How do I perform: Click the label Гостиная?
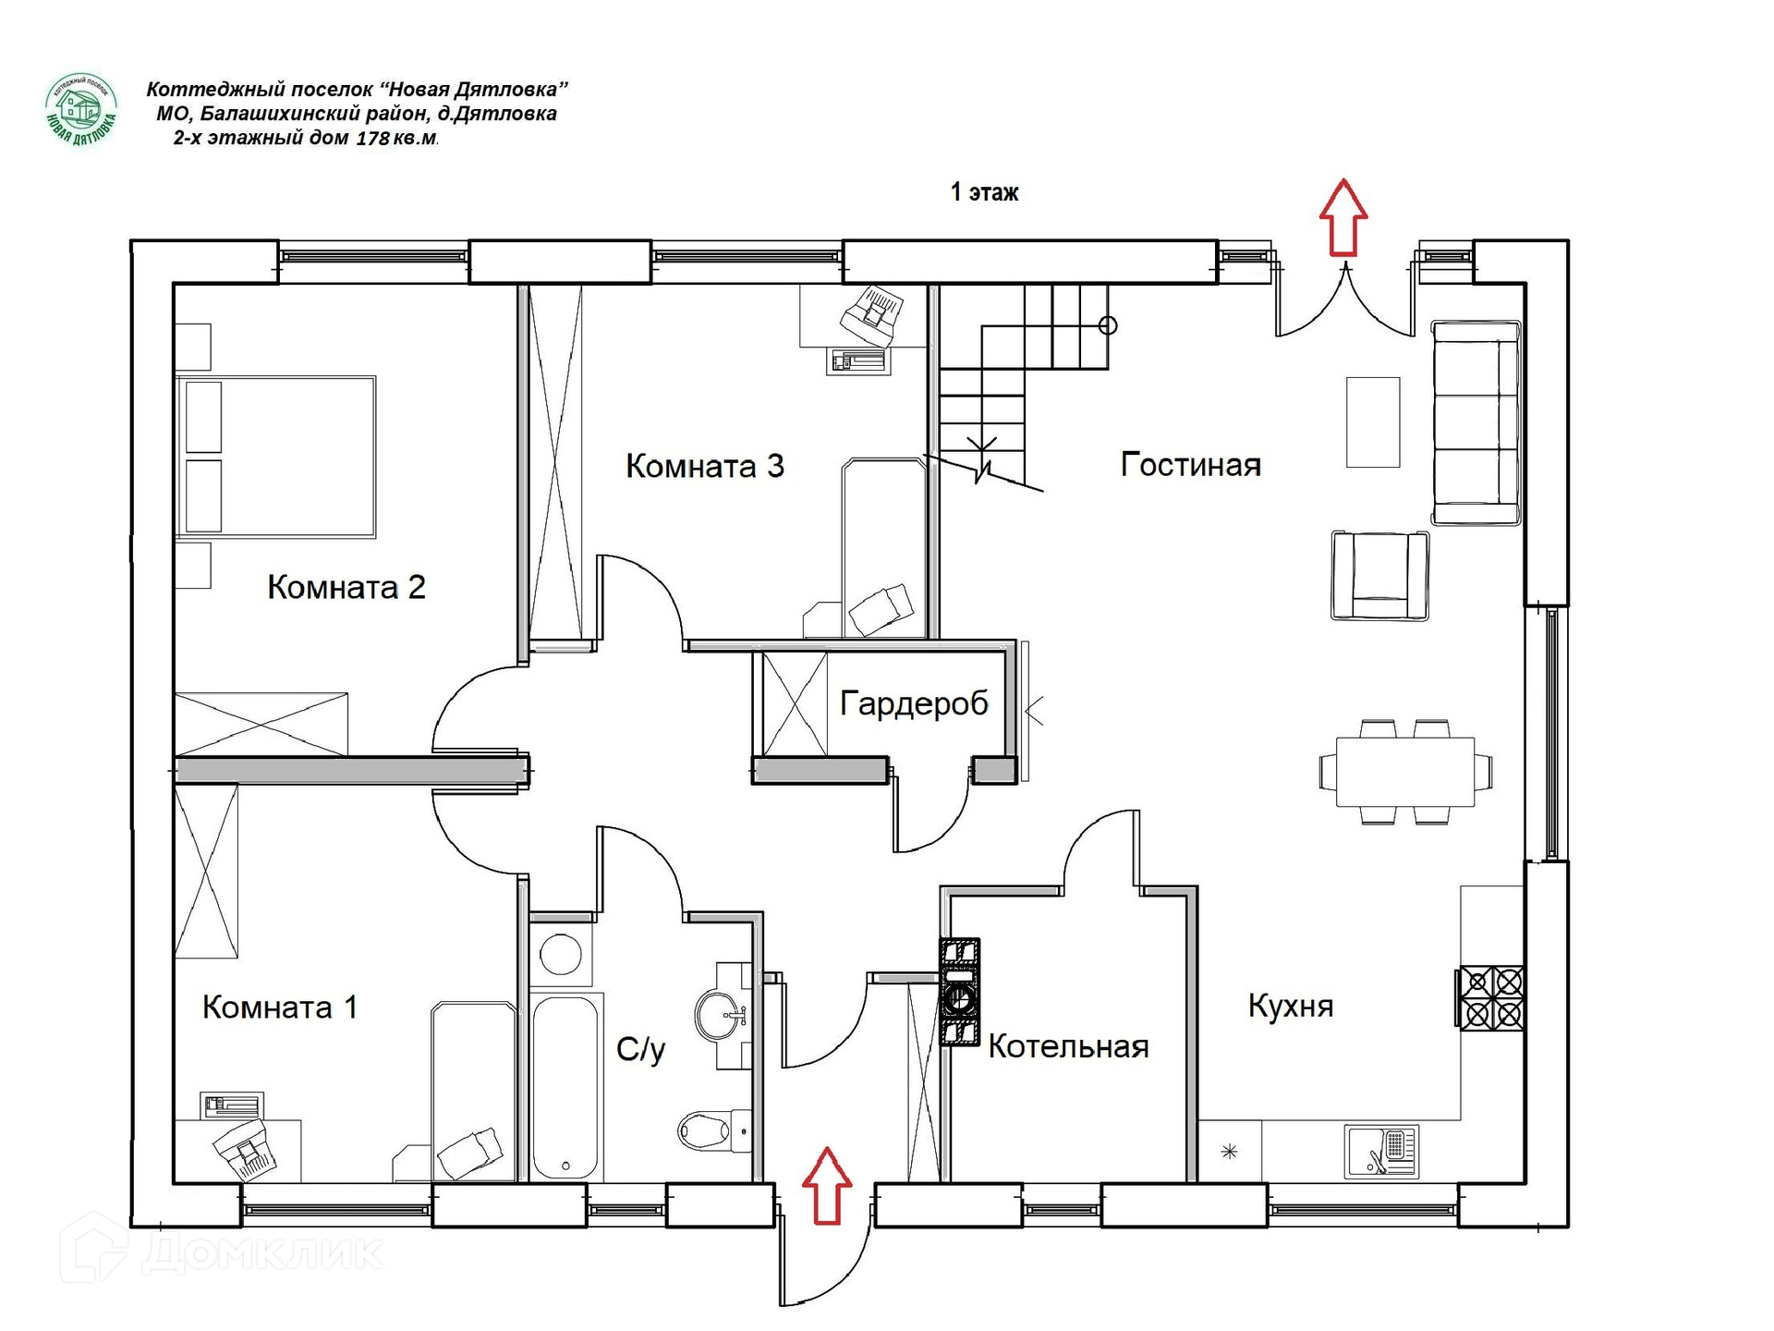click(1190, 464)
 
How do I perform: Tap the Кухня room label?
click(1291, 1006)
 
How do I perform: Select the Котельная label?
click(1068, 1046)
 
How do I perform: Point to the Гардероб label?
click(914, 704)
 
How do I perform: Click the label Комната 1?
click(280, 1007)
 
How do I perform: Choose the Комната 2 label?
click(346, 587)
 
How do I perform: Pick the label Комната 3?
click(705, 465)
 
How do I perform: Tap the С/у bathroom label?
click(640, 1050)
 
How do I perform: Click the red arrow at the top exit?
click(1343, 217)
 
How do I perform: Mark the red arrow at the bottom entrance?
click(827, 1186)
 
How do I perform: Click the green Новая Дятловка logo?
click(81, 110)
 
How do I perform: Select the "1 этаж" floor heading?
click(985, 192)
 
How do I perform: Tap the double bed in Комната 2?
click(276, 456)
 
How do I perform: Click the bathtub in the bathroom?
click(565, 1087)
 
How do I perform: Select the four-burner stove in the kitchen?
click(1490, 997)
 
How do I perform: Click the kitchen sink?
click(1381, 1151)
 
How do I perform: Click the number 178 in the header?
click(372, 139)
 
